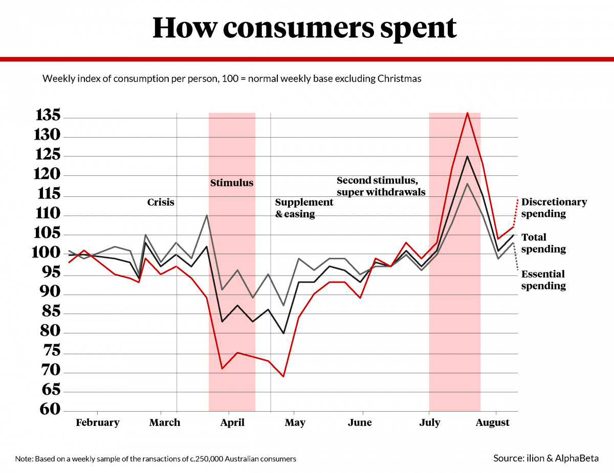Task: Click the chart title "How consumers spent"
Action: pos(304,29)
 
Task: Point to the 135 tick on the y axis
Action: pos(48,116)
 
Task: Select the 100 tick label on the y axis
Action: pos(48,253)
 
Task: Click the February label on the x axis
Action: pos(97,422)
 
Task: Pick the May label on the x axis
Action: pos(295,422)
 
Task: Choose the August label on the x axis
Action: pos(492,422)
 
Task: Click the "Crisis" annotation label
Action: pos(161,202)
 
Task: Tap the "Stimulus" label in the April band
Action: pos(232,183)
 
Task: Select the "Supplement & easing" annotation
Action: pos(304,208)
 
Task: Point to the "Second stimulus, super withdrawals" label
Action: pos(381,186)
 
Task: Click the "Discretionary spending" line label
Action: pos(554,208)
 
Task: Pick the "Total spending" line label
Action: pos(543,243)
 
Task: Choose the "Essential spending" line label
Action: pos(543,280)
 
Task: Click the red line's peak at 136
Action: pos(467,112)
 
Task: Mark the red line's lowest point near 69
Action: pos(283,376)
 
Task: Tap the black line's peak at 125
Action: pos(467,156)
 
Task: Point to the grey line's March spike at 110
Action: pos(207,215)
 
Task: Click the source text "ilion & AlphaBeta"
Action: pos(562,458)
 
